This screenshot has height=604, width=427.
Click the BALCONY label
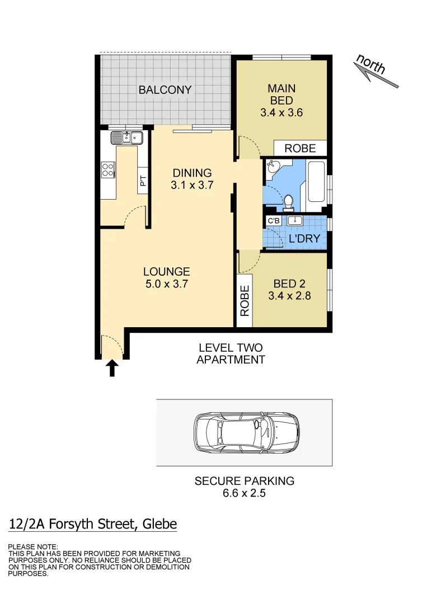[165, 89]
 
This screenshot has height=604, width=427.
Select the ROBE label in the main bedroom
[300, 148]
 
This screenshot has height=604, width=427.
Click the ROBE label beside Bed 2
[245, 301]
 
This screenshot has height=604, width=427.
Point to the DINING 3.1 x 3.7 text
[192, 179]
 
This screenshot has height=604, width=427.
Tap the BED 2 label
[289, 290]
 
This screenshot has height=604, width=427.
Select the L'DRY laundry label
[304, 239]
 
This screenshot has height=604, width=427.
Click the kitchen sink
[127, 137]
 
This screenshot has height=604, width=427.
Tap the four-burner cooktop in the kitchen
[108, 169]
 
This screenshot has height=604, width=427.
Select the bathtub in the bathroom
[316, 182]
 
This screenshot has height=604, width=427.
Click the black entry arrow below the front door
[112, 367]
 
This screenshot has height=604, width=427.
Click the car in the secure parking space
[246, 432]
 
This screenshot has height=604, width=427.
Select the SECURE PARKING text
[244, 481]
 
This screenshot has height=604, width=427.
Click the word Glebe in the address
[159, 524]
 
